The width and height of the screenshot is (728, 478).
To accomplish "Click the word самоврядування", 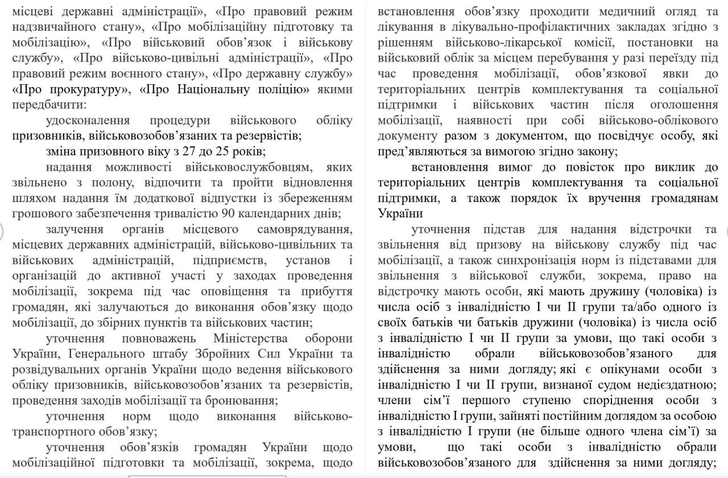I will click(x=304, y=229).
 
